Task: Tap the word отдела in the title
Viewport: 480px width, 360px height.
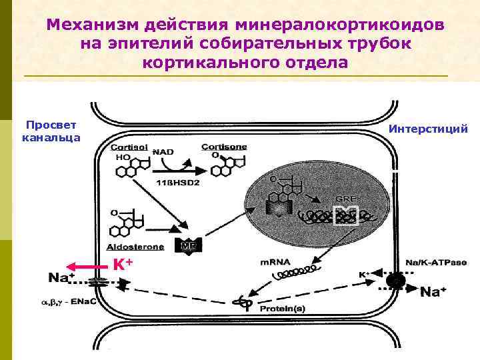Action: click(x=313, y=63)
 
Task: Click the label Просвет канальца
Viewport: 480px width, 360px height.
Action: click(x=51, y=131)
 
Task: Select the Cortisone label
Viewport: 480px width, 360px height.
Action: click(x=224, y=146)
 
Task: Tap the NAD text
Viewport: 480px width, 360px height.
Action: click(x=163, y=152)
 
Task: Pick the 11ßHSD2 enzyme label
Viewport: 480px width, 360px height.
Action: click(x=178, y=182)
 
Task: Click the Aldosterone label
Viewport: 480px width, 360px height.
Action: click(x=133, y=247)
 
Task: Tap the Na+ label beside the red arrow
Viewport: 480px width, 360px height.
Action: click(x=61, y=276)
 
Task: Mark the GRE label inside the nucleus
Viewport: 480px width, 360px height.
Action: click(x=345, y=199)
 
